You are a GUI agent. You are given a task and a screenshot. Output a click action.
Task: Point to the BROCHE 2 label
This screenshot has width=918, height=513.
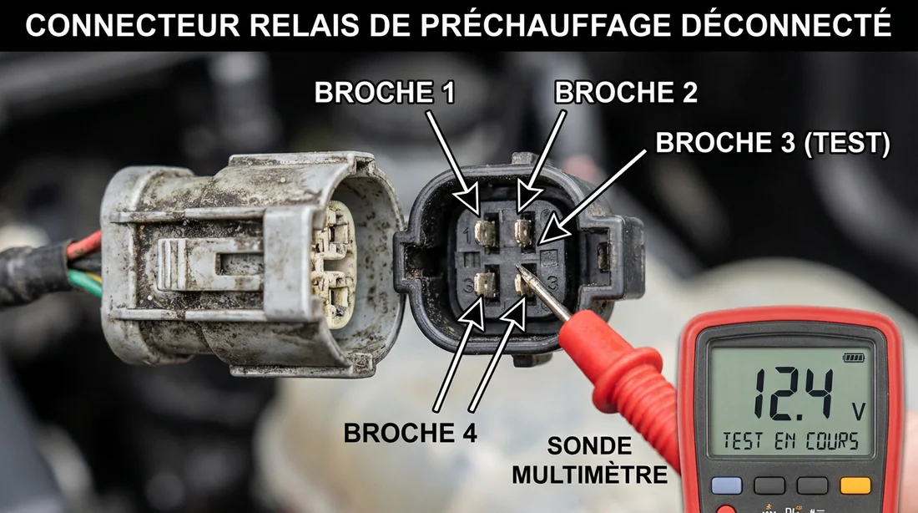pos(626,93)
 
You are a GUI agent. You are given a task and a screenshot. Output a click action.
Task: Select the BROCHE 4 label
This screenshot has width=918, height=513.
pos(410,433)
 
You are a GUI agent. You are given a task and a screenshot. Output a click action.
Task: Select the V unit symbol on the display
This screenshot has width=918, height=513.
pos(855,411)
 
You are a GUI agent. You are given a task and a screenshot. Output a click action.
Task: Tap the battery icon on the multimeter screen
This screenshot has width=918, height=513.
pos(855,358)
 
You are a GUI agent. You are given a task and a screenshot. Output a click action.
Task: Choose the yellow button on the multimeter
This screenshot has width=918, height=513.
pos(855,485)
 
